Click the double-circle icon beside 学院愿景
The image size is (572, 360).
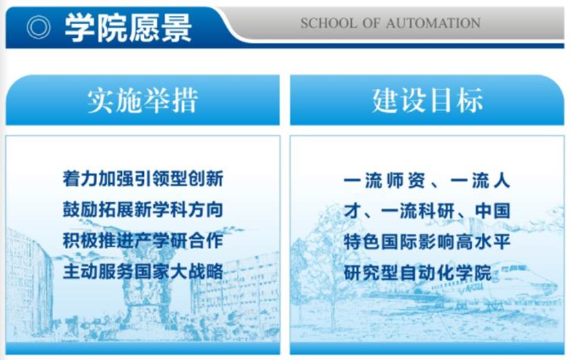39,28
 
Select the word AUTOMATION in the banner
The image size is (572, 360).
433,23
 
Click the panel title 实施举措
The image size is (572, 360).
142,100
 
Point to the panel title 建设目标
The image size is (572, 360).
427,100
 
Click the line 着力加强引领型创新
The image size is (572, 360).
143,178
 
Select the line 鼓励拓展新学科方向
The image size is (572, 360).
143,209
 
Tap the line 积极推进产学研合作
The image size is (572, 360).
143,240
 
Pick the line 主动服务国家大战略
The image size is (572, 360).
143,271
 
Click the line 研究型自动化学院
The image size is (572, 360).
418,273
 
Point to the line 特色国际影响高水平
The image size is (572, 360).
427,242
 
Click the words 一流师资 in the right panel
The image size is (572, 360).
385,180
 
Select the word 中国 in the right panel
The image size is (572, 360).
492,211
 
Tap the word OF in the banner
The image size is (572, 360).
372,23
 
